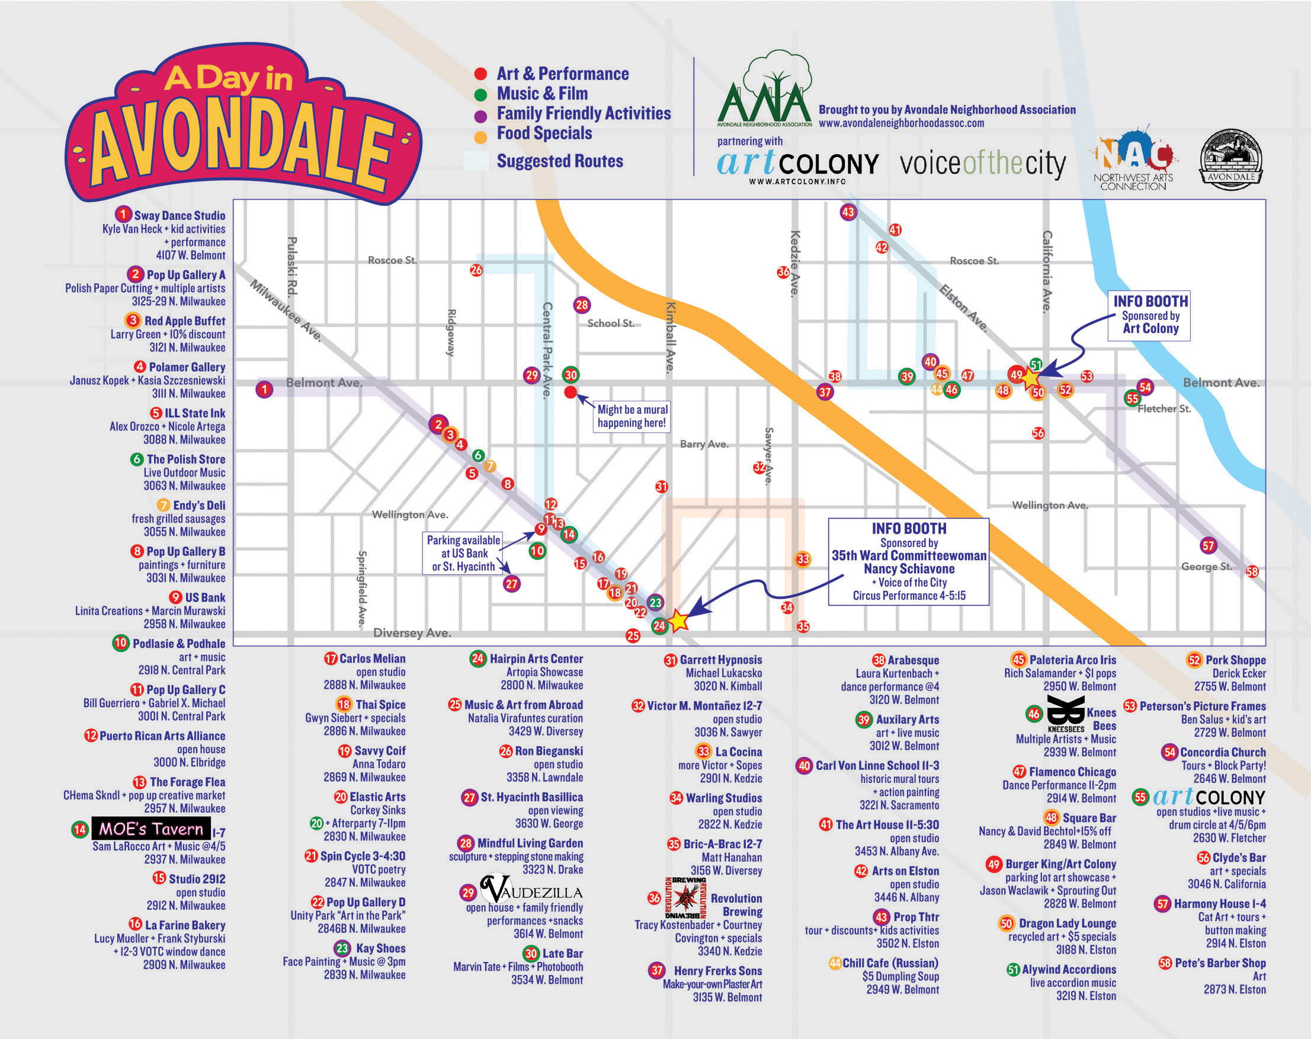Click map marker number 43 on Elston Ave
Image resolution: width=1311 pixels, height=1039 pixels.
point(848,212)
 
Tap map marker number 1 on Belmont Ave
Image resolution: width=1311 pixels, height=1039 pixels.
point(264,389)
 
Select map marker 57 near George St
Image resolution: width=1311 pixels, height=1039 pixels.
point(1209,546)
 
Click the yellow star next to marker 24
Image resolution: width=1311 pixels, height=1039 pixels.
point(678,621)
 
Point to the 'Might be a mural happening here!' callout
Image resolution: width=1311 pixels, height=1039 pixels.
point(632,417)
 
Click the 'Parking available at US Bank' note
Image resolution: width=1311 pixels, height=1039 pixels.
point(463,553)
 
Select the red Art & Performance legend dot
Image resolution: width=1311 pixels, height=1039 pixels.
point(480,74)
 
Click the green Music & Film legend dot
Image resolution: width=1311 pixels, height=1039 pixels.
point(480,94)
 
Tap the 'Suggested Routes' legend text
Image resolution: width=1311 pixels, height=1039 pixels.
point(559,161)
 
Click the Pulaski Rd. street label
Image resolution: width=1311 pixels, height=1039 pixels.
point(291,266)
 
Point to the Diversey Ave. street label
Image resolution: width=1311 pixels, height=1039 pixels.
point(412,632)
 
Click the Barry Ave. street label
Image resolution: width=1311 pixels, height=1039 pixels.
point(704,444)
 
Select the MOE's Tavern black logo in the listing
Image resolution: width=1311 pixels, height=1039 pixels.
point(151,829)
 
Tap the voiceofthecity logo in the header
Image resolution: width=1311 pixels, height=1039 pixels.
point(982,164)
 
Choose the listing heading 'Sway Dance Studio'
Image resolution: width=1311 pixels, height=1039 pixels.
point(179,215)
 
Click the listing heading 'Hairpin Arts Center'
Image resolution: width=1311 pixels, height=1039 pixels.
point(536,659)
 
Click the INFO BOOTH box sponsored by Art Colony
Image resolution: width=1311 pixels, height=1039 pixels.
point(1150,315)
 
